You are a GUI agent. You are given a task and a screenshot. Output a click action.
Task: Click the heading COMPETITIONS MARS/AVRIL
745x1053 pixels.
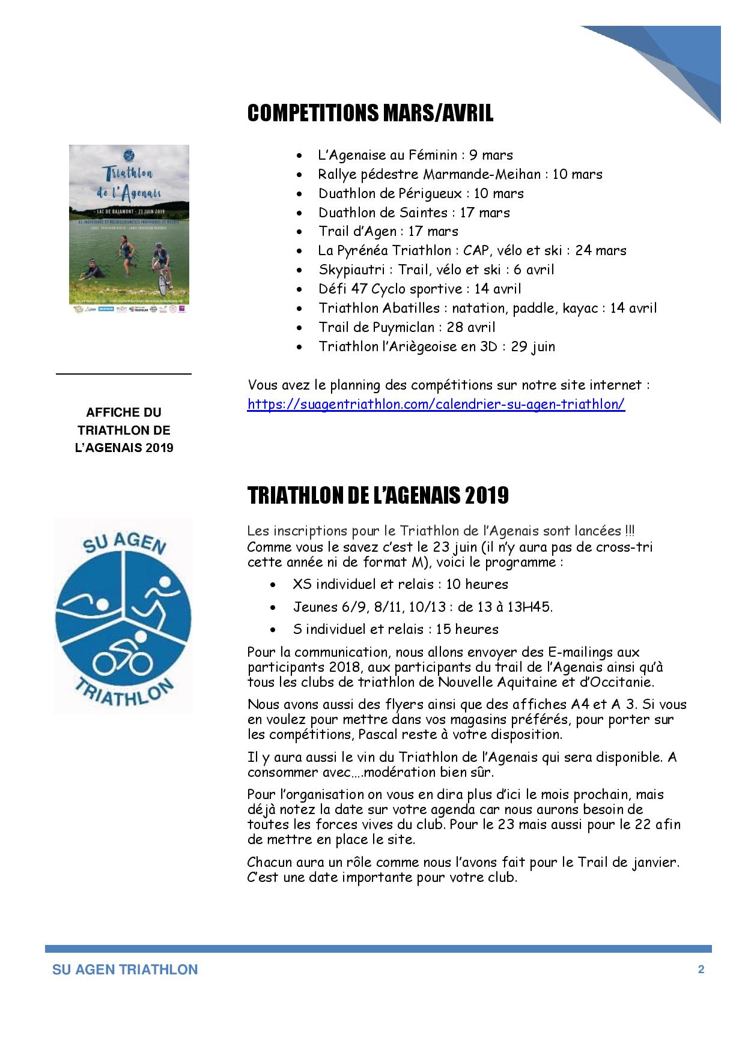pyautogui.click(x=370, y=113)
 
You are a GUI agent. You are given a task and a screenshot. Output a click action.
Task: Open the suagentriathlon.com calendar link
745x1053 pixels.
pyautogui.click(x=436, y=404)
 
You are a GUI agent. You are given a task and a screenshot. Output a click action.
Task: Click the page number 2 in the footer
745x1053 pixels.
pyautogui.click(x=701, y=970)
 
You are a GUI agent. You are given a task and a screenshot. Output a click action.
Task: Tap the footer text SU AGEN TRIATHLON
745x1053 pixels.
pyautogui.click(x=125, y=970)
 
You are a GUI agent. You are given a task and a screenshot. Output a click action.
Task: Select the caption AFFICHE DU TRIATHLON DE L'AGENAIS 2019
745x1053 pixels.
pyautogui.click(x=124, y=430)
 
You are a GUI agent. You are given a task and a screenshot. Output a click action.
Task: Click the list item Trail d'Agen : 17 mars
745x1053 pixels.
pyautogui.click(x=388, y=231)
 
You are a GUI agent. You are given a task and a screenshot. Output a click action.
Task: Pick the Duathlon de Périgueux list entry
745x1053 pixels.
pyautogui.click(x=421, y=193)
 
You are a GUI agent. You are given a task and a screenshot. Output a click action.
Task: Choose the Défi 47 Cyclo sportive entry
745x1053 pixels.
pyautogui.click(x=419, y=289)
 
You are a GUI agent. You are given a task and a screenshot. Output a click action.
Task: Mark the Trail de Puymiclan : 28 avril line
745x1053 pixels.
pyautogui.click(x=407, y=327)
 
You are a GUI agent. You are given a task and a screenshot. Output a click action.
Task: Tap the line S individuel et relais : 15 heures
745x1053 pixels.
pyautogui.click(x=395, y=629)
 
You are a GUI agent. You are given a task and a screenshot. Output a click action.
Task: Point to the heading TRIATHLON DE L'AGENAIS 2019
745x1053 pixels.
pyautogui.click(x=378, y=495)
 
